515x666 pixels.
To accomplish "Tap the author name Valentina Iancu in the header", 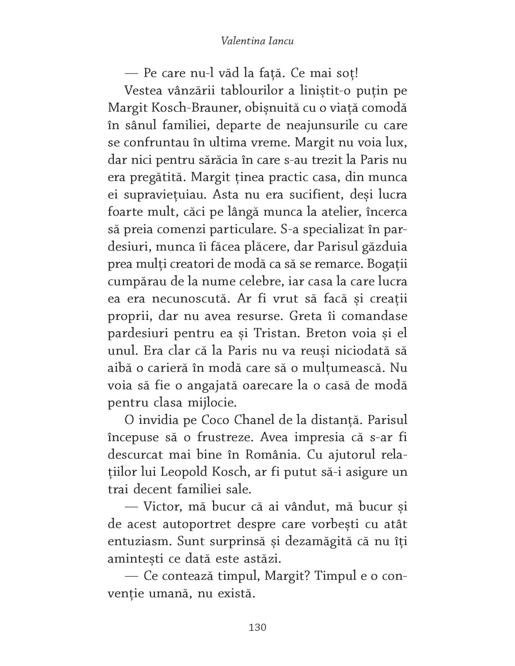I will pos(257,41).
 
